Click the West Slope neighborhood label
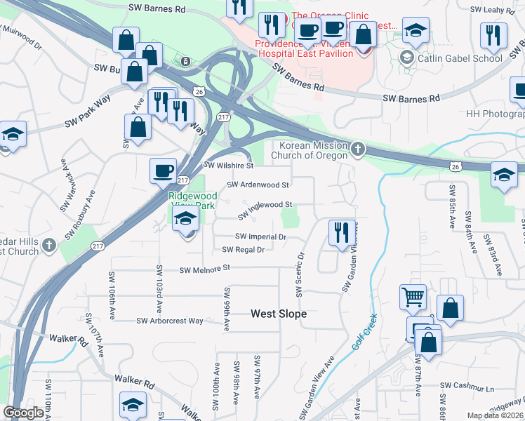click(279, 314)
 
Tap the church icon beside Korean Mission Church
click(358, 149)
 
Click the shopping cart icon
click(413, 297)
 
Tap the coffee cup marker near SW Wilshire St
click(163, 171)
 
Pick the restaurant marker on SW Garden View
click(341, 232)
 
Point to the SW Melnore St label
click(205, 269)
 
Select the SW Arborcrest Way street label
click(170, 321)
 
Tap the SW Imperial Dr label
click(260, 237)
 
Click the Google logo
click(23, 413)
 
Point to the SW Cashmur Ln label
click(467, 387)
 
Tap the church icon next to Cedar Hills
click(48, 246)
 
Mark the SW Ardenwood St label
click(258, 185)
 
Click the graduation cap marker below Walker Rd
click(132, 405)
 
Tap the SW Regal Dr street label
click(243, 250)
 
